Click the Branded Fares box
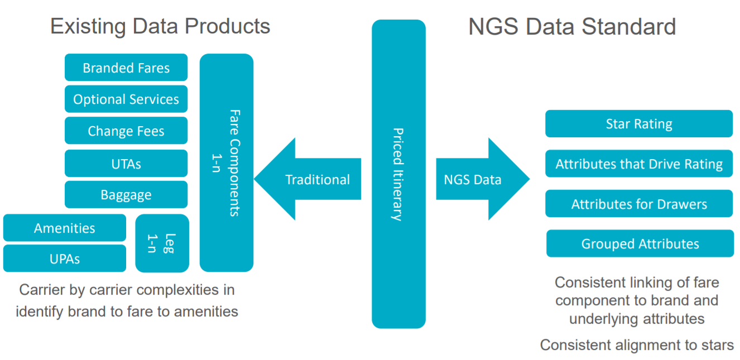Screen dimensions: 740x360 pos(126,68)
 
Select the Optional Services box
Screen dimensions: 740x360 pos(126,99)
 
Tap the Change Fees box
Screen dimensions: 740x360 pos(126,131)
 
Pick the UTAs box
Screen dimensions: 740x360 pos(126,164)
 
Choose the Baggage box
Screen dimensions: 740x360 pos(126,195)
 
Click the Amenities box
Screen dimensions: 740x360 pos(65,228)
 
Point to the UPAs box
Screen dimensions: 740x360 pos(65,258)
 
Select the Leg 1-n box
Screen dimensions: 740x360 pos(162,243)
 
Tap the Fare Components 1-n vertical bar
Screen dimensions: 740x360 pos(227,163)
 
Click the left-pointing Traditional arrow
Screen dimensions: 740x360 pos(307,179)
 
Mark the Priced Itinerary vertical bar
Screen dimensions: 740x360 pos(399,174)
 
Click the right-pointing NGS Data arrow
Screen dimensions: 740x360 pos(483,179)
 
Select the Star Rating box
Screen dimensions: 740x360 pos(639,124)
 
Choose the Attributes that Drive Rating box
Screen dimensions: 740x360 pos(639,164)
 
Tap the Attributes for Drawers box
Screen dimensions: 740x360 pos(639,204)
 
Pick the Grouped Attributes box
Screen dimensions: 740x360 pos(640,243)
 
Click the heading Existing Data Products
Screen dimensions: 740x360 pos(160,26)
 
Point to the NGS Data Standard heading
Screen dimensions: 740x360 pos(572,27)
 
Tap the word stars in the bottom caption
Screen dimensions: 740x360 pos(718,345)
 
